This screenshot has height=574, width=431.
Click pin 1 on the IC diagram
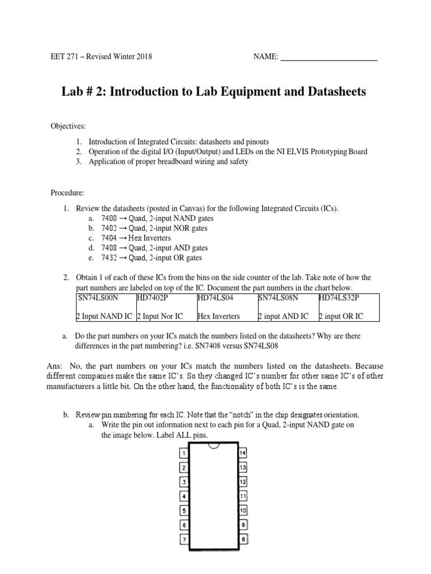tap(183, 452)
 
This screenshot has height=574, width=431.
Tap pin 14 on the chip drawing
tap(243, 452)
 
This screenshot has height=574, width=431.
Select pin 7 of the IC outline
tap(183, 540)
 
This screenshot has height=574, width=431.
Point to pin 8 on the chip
tap(243, 540)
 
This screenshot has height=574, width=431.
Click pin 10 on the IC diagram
tap(243, 511)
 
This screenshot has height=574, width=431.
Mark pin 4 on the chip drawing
tap(183, 496)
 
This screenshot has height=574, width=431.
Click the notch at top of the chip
tap(213, 446)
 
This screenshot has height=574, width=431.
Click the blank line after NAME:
tap(328, 57)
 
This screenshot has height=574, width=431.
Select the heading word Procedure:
tap(68, 193)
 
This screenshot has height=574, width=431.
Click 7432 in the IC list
tap(109, 258)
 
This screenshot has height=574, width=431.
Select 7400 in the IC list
tap(109, 218)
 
